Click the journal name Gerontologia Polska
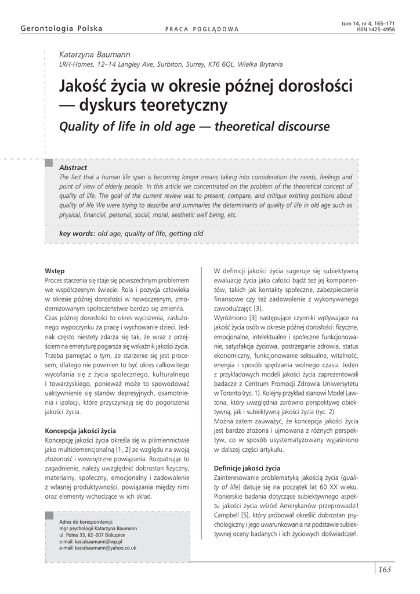point(61,28)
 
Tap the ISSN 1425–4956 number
point(376,29)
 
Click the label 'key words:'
point(78,233)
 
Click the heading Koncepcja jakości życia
point(80,431)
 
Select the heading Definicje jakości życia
point(247,468)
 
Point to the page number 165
point(385,569)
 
